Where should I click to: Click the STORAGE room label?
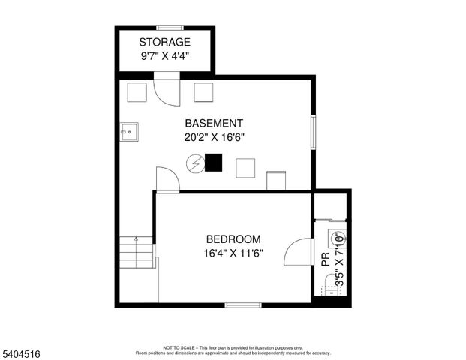tap(164, 42)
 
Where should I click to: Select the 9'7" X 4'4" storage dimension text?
tap(164, 55)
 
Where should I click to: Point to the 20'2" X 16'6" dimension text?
tap(214, 137)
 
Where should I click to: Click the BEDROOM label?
tap(233, 239)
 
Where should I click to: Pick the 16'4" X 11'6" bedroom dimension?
tap(233, 253)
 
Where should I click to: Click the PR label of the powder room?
tap(325, 260)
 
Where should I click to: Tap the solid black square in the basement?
tap(213, 163)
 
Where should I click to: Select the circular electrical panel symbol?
tap(194, 163)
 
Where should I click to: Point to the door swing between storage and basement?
tap(164, 90)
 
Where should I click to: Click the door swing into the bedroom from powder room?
tap(300, 251)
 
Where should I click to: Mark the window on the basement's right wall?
tap(313, 132)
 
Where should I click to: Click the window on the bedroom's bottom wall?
tap(243, 304)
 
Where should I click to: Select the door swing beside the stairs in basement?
tap(166, 180)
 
